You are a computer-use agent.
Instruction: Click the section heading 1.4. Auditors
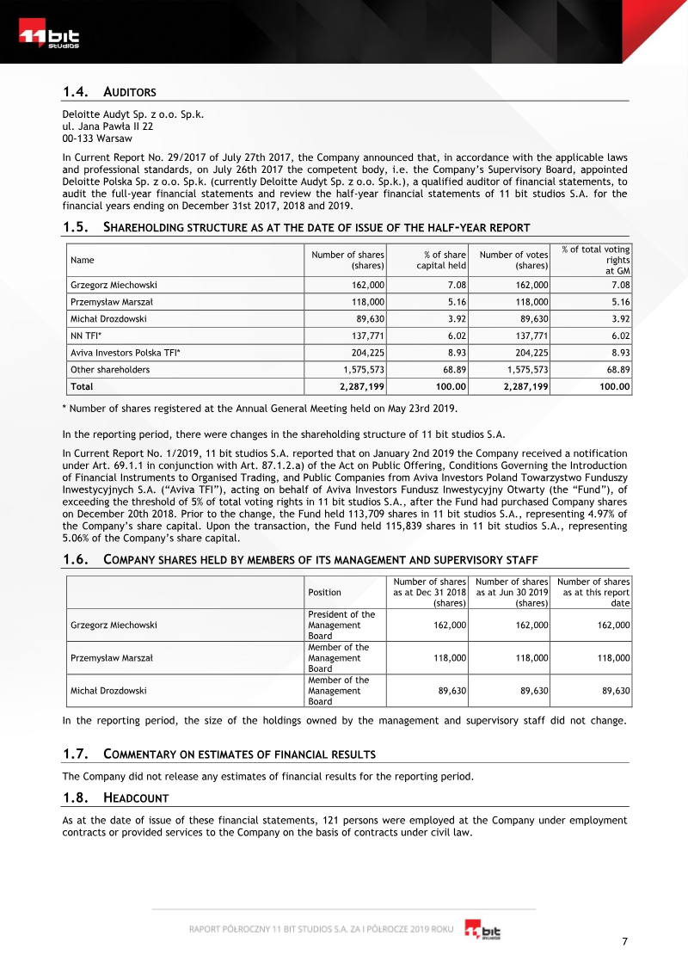(x=109, y=92)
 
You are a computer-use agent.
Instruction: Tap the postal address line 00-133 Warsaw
(x=97, y=138)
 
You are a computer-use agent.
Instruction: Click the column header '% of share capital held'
(x=441, y=260)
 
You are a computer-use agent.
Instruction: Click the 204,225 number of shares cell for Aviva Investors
(x=364, y=353)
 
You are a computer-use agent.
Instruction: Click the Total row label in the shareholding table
(x=82, y=386)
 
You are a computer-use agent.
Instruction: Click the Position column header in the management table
(x=324, y=592)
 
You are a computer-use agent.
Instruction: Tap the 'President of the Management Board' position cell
(x=341, y=625)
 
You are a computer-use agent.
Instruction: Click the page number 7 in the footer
(x=624, y=941)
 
